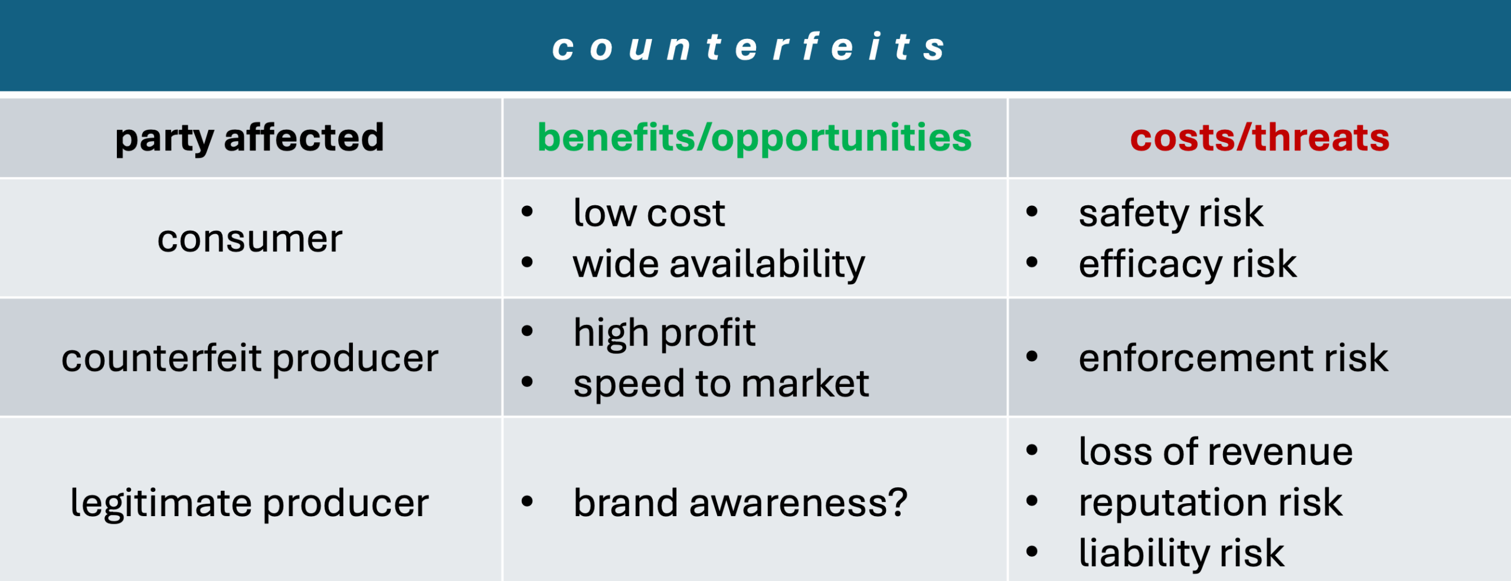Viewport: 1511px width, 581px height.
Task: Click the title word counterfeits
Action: coord(748,47)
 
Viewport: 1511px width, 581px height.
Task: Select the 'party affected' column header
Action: coord(250,139)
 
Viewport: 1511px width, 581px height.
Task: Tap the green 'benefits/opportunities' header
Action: coord(754,139)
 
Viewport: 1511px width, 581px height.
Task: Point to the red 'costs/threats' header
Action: coord(1260,137)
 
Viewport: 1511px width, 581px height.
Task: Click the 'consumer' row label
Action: coord(250,239)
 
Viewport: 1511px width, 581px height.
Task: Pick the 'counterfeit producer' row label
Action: coord(250,359)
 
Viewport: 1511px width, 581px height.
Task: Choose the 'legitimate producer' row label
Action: coord(250,504)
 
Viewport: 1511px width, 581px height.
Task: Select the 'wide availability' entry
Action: coord(719,264)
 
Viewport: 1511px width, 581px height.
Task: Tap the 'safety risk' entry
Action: coord(1171,214)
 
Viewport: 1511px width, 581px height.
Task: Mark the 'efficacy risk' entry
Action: coord(1188,264)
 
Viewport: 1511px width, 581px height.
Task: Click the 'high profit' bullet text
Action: coord(664,334)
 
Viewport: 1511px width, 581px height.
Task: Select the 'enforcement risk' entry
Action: coord(1234,358)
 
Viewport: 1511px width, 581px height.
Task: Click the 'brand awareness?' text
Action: coord(740,503)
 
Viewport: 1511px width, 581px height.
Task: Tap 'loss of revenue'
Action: coord(1216,452)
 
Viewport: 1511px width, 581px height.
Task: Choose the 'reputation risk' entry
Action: coord(1211,504)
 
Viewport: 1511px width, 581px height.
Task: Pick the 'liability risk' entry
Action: coord(1182,553)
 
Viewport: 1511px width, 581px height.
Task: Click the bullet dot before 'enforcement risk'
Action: coord(1032,356)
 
